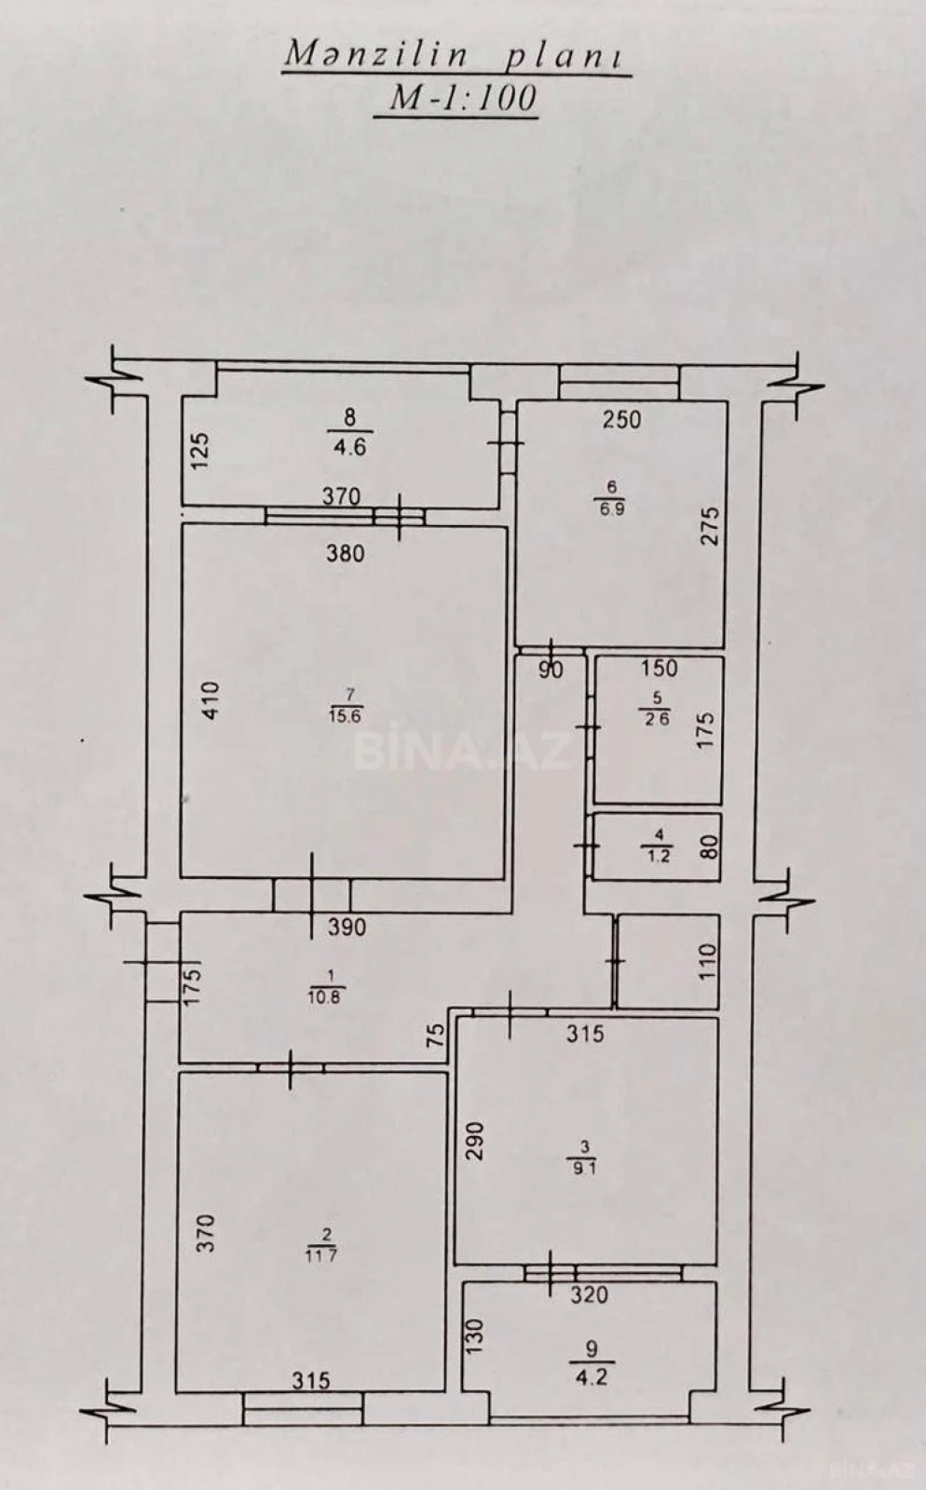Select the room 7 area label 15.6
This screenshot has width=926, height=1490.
pyautogui.click(x=345, y=705)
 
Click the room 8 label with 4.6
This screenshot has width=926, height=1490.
pyautogui.click(x=349, y=433)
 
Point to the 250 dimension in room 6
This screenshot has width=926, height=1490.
pyautogui.click(x=621, y=419)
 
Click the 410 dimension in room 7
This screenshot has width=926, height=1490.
pyautogui.click(x=211, y=700)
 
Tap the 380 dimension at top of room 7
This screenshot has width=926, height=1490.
pyautogui.click(x=345, y=553)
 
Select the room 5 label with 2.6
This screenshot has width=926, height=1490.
pyautogui.click(x=657, y=709)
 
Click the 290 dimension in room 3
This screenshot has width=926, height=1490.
pyautogui.click(x=475, y=1141)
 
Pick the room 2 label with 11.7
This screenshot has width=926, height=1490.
pyautogui.click(x=324, y=1244)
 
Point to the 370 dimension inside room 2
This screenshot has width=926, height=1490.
pyautogui.click(x=207, y=1232)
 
